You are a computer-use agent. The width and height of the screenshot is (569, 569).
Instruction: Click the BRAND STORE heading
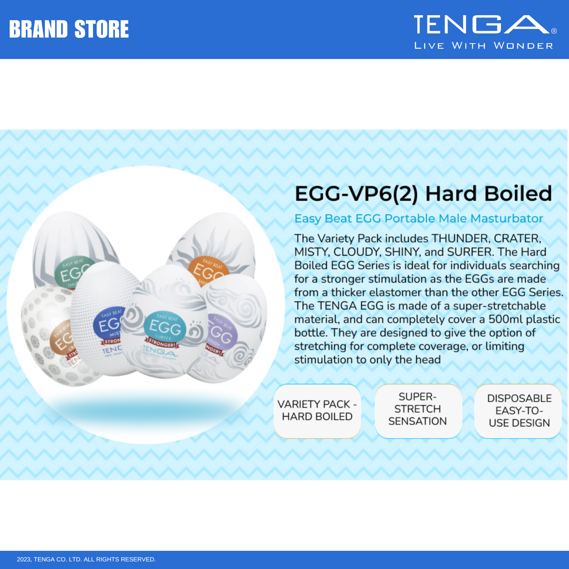click(x=69, y=29)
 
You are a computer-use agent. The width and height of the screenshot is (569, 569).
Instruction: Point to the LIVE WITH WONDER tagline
click(x=484, y=46)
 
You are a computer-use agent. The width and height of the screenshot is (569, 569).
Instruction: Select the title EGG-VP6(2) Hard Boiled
click(x=423, y=193)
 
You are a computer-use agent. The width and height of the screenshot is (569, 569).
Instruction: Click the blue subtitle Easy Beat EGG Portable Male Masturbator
click(x=419, y=218)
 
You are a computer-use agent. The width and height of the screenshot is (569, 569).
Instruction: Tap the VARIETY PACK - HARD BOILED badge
click(x=317, y=411)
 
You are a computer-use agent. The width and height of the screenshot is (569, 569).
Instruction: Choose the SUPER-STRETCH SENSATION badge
click(x=418, y=409)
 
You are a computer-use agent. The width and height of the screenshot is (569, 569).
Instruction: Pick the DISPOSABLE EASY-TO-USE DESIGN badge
click(x=519, y=411)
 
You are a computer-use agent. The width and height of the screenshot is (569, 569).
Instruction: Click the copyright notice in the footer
click(x=86, y=560)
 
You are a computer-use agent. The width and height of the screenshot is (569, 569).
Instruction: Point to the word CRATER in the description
click(x=517, y=239)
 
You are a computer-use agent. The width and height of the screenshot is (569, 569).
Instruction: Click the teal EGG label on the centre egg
click(x=165, y=326)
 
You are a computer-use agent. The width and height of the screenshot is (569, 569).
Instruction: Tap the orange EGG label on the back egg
click(x=208, y=270)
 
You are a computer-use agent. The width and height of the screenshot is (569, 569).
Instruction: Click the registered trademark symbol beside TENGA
click(x=554, y=31)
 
